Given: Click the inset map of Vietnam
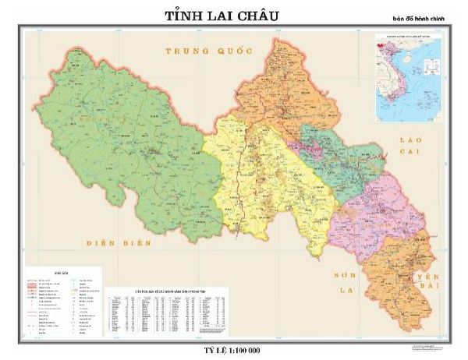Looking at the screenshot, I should coord(407,78).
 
